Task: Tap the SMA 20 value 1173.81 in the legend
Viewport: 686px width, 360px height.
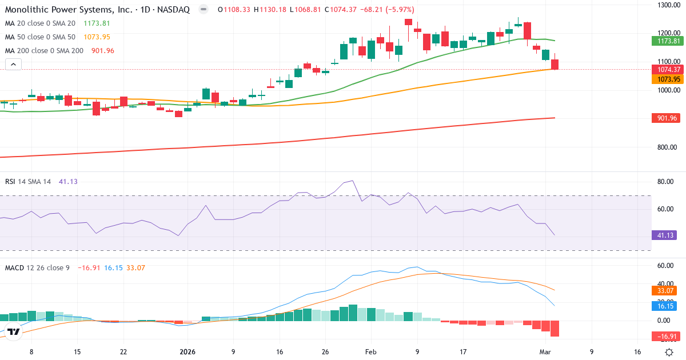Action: point(97,23)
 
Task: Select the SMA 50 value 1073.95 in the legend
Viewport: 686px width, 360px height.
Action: point(97,37)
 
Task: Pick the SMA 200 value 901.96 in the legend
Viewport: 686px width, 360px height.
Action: point(103,51)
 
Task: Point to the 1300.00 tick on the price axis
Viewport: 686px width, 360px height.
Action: point(668,5)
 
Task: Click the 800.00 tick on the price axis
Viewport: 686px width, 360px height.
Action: point(668,147)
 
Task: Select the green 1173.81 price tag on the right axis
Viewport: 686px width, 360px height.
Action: point(667,41)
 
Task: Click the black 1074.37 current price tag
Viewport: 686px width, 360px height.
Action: point(667,69)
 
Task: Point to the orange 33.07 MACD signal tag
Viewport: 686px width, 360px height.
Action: point(666,290)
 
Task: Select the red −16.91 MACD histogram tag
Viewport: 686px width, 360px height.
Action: point(666,336)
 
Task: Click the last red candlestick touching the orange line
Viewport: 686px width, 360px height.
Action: point(555,64)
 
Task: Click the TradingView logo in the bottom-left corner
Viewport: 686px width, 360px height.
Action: point(14,331)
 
